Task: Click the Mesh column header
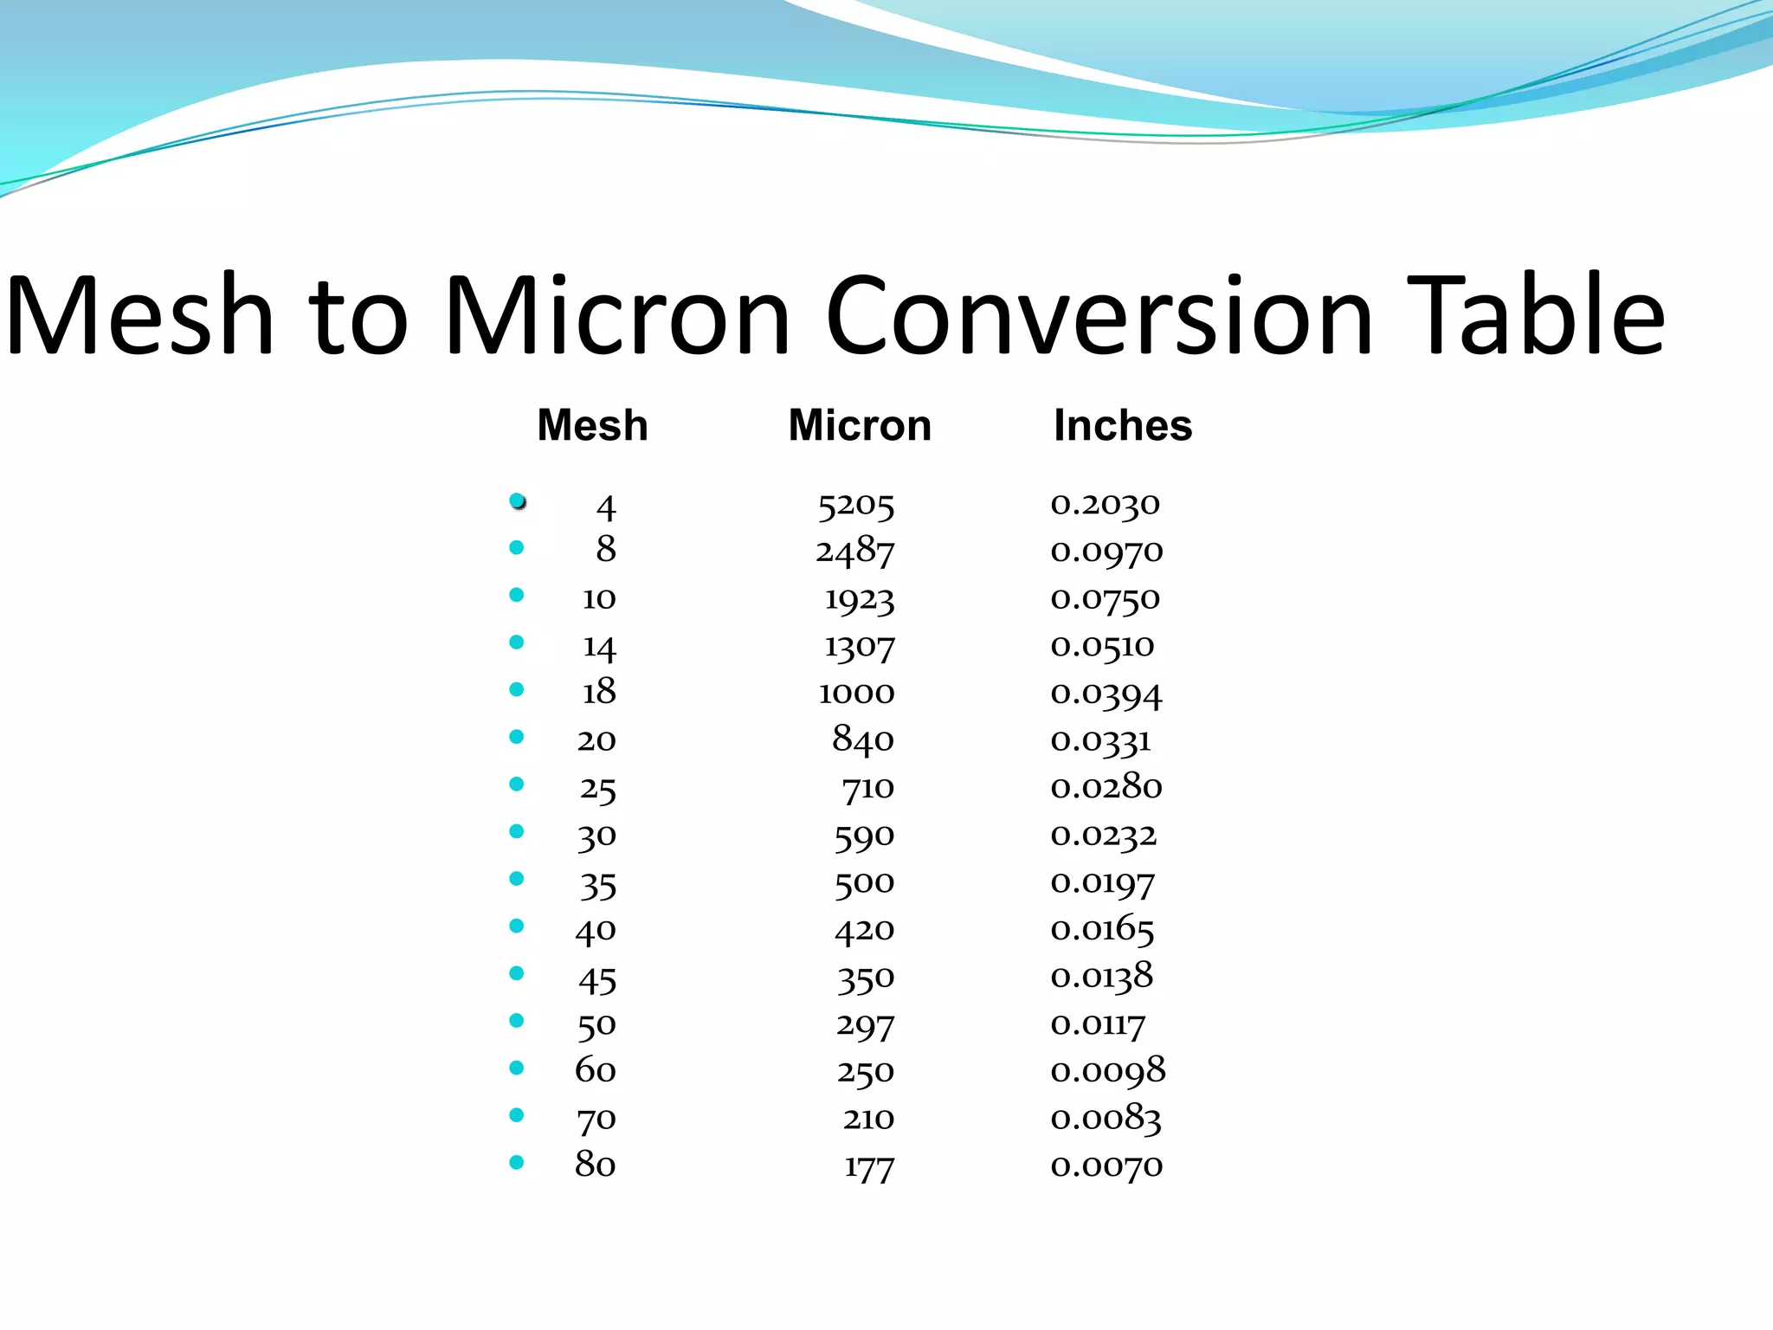click(592, 425)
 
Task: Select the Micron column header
click(859, 425)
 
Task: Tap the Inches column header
click(1123, 425)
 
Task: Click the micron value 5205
click(855, 505)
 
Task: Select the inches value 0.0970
click(1106, 552)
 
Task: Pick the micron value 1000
click(856, 693)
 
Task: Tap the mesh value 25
click(597, 789)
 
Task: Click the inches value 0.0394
click(1106, 694)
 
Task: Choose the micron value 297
click(865, 1026)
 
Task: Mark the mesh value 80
click(596, 1165)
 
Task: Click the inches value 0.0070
click(1106, 1166)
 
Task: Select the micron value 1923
click(859, 599)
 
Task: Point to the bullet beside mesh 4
click(518, 500)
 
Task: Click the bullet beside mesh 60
click(517, 1068)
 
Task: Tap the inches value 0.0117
click(1098, 1025)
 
